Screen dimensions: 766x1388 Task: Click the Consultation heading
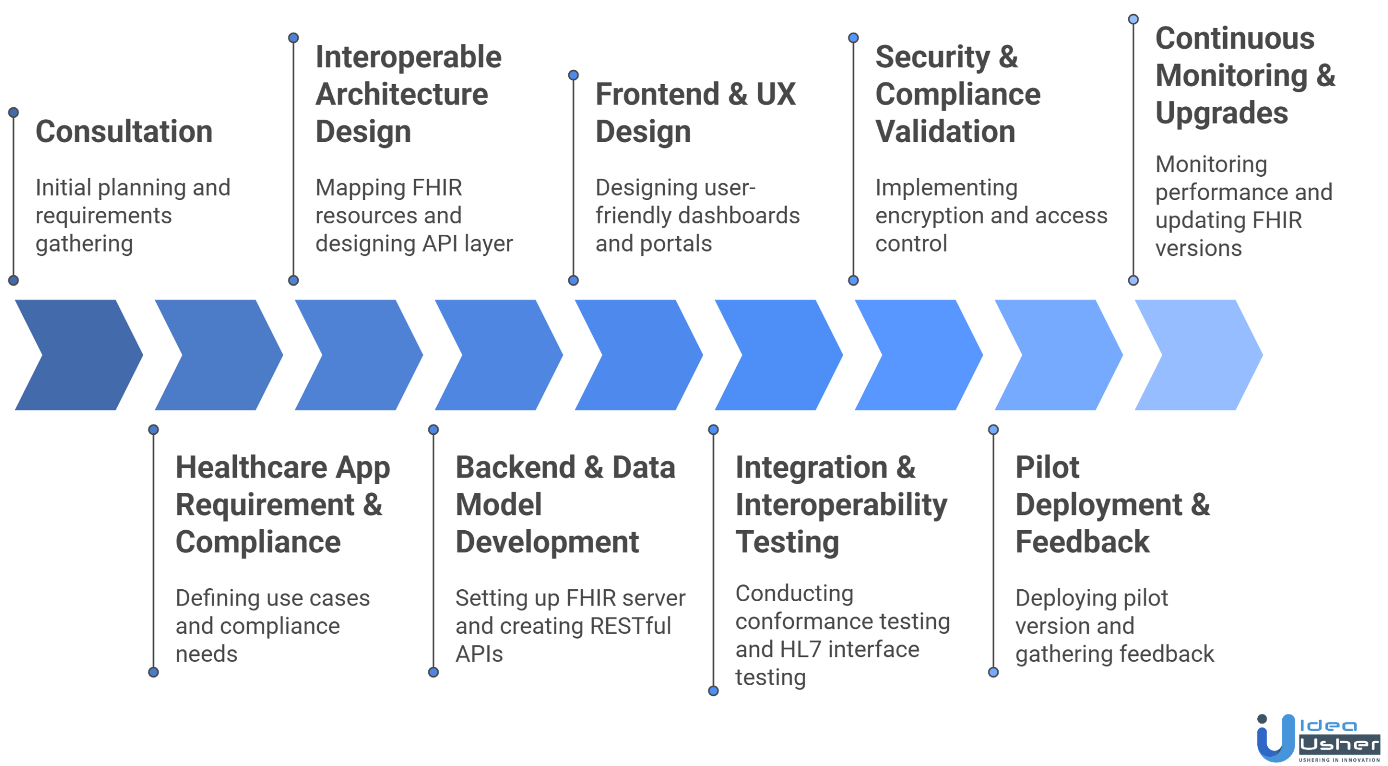124,132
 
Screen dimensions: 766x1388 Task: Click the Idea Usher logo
1318,737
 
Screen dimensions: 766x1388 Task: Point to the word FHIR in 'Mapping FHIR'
436,188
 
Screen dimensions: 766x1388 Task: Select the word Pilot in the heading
1046,467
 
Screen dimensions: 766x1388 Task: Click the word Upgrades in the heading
1221,113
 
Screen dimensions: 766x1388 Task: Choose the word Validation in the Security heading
944,132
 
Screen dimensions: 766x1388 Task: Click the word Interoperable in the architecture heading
408,57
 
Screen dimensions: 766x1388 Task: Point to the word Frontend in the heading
657,94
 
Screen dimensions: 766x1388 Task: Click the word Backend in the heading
515,467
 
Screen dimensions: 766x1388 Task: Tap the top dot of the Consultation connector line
14,112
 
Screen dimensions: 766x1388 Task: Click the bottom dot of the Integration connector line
713,690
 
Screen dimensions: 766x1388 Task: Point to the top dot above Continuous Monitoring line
1133,19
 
